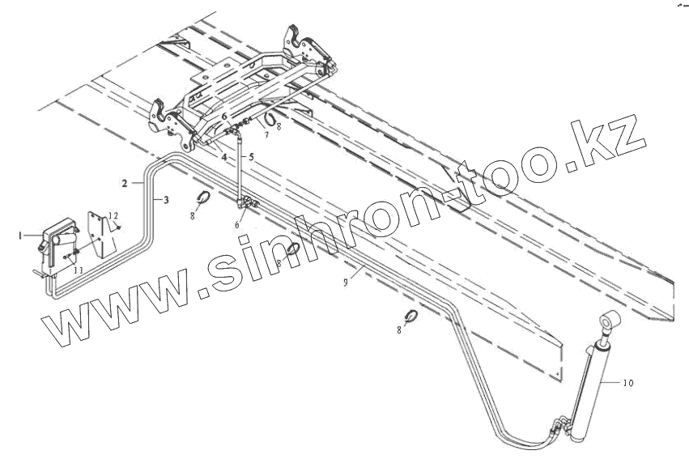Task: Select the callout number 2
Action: point(125,184)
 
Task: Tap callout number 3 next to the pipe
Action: point(167,199)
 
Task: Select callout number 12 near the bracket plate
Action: point(114,215)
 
